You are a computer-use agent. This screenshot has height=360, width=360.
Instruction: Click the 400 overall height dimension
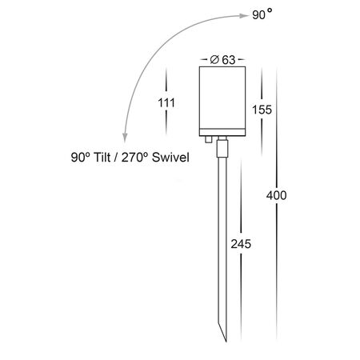pyautogui.click(x=276, y=195)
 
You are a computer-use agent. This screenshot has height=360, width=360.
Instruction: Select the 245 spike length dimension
pyautogui.click(x=241, y=244)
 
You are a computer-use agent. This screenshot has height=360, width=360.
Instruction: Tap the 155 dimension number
pyautogui.click(x=262, y=110)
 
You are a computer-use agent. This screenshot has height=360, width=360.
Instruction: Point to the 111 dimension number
pyautogui.click(x=166, y=103)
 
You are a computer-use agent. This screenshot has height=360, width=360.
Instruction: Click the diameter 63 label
pyautogui.click(x=222, y=60)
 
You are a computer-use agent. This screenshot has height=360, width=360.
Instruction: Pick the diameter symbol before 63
pyautogui.click(x=214, y=59)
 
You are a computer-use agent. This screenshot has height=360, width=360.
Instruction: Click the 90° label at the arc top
pyautogui.click(x=262, y=14)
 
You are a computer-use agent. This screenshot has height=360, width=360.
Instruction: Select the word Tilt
pyautogui.click(x=102, y=157)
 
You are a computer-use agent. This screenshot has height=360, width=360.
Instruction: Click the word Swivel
pyautogui.click(x=170, y=157)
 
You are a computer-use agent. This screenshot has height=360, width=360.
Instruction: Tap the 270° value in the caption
pyautogui.click(x=134, y=157)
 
